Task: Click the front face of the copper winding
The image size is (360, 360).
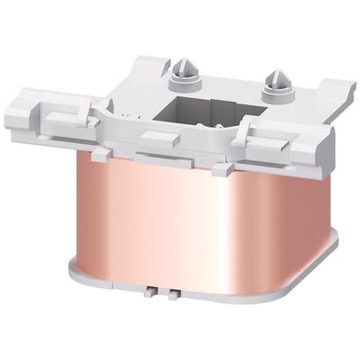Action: tap(153, 225)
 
